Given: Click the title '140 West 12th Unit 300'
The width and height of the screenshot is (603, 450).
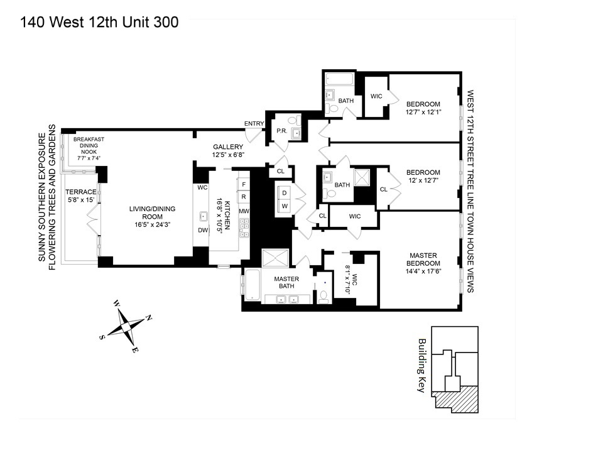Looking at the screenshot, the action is click(99, 22).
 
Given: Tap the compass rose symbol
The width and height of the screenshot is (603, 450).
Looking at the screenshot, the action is click(126, 326).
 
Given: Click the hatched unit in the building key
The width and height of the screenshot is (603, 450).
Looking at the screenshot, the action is click(457, 398).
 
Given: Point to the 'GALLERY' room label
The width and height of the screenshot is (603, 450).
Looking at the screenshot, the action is click(227, 146).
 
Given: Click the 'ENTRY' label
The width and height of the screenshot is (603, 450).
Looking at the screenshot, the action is click(254, 123).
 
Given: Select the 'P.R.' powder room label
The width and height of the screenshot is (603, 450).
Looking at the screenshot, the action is click(281, 131).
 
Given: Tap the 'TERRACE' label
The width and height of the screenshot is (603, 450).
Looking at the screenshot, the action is click(82, 192).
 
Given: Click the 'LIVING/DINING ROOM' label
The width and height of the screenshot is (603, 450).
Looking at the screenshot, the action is click(153, 213).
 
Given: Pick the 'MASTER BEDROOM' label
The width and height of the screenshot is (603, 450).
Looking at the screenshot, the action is click(423, 259).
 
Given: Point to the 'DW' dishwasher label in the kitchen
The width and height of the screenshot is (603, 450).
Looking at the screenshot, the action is click(202, 230).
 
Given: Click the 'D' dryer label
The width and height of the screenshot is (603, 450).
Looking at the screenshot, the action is click(284, 193).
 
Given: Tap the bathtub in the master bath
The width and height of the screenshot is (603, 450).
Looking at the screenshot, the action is click(252, 286).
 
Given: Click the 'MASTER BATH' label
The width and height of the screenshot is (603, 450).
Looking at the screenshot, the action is click(286, 283).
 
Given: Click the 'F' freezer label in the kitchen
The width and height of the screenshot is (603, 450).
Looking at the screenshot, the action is click(243, 184).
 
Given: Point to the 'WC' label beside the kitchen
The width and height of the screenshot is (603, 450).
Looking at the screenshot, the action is click(202, 187).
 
